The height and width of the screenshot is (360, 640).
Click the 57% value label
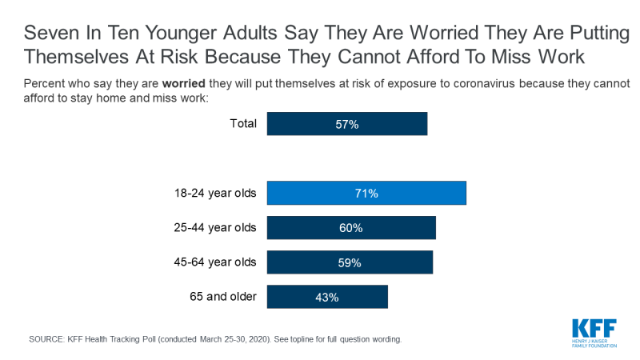tap(347, 124)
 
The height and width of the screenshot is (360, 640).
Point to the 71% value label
tap(366, 194)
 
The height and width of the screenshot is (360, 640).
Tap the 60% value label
tap(351, 228)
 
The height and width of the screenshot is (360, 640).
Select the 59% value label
tap(350, 262)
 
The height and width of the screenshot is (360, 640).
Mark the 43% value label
tap(327, 297)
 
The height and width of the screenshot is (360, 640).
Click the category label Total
tap(242, 123)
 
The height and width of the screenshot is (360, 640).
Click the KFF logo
tap(595, 330)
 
